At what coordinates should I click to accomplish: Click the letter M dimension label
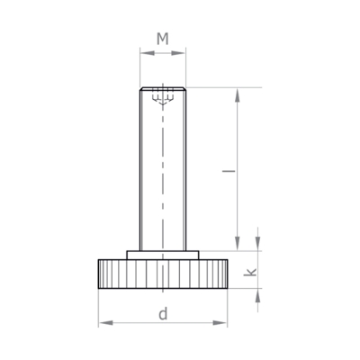[163, 39]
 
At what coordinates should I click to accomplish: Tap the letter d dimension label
[163, 314]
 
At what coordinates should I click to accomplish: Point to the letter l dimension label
[229, 171]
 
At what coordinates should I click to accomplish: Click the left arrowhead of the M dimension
[148, 53]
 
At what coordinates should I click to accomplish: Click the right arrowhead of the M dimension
[178, 53]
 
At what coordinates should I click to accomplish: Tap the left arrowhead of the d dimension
[105, 323]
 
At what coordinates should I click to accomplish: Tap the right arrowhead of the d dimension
[220, 323]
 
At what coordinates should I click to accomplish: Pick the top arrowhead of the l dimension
[238, 95]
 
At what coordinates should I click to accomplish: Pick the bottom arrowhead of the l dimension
[238, 243]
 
